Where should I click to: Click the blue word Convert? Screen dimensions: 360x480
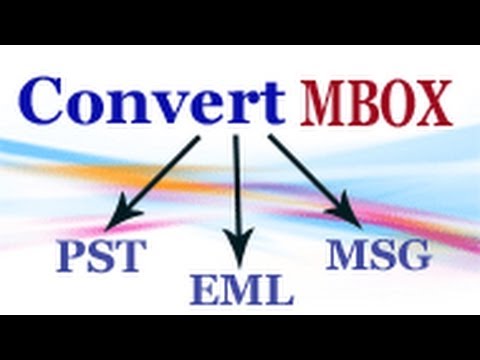click(150, 100)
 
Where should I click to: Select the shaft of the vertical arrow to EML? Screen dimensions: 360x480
click(238, 190)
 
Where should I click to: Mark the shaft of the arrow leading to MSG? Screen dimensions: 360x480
click(310, 175)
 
